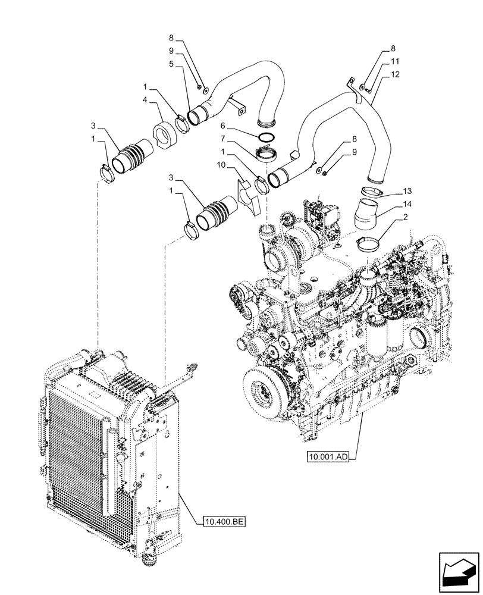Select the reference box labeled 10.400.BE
click(220, 522)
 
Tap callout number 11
click(394, 61)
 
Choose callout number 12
click(394, 74)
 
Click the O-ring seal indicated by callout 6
click(268, 139)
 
